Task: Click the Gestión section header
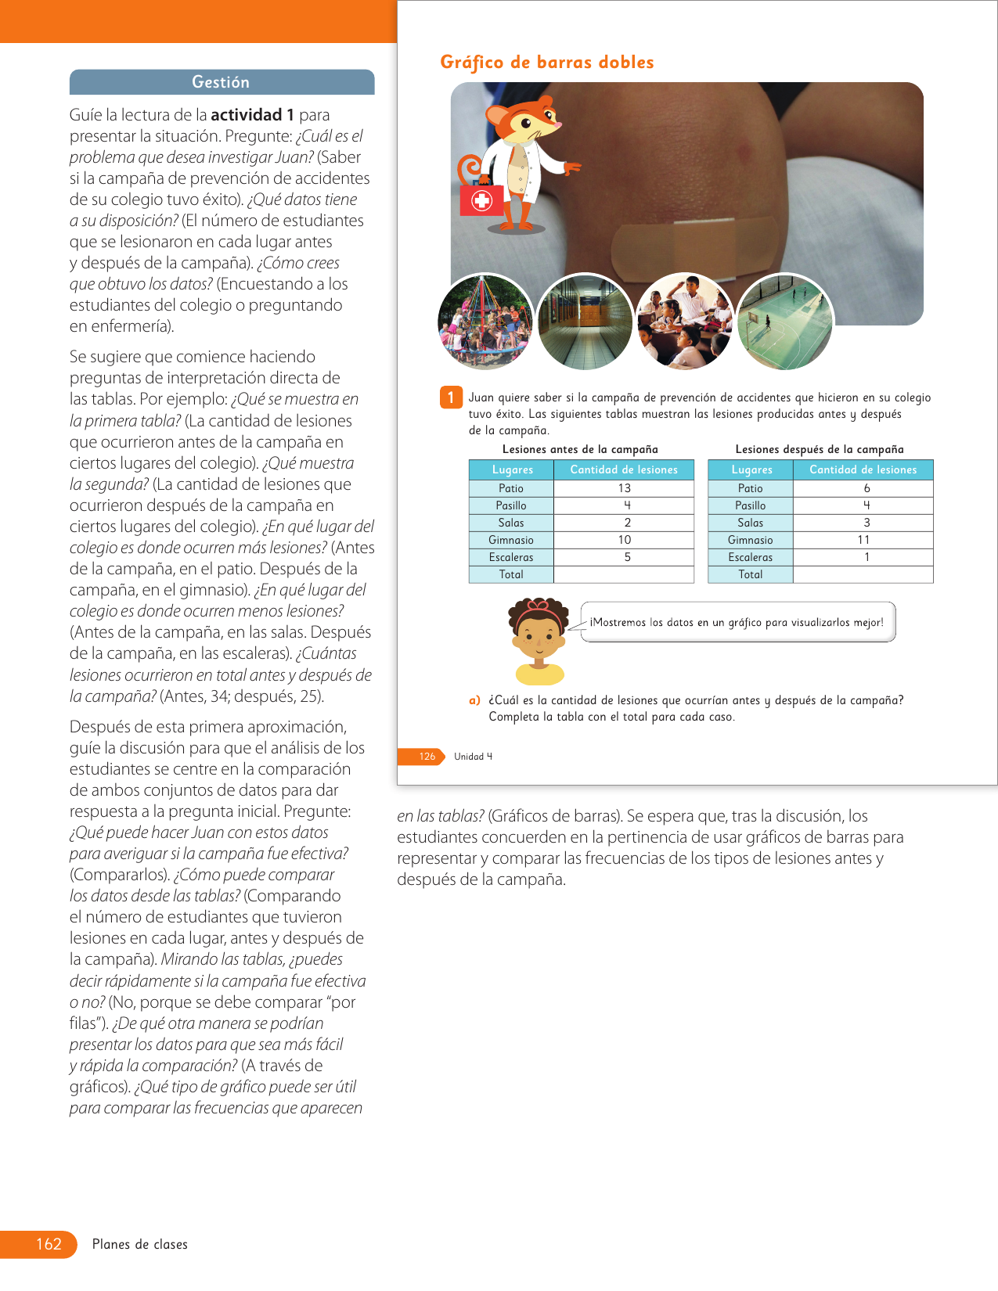point(222,82)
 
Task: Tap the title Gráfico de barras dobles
point(546,63)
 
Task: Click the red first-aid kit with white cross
point(481,200)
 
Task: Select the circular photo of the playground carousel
point(485,322)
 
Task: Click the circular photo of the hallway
point(585,322)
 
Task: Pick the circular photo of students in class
point(685,322)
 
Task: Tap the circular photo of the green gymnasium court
point(785,322)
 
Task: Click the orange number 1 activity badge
point(451,397)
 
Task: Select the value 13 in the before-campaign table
point(624,488)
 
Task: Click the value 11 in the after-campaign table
point(863,540)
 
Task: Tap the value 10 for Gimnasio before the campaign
point(624,540)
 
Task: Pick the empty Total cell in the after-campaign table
point(863,574)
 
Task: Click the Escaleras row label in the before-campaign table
point(511,557)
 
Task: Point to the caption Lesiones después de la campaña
point(820,449)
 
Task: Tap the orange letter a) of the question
point(474,700)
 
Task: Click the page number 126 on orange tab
point(427,757)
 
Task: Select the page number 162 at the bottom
point(49,1244)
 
